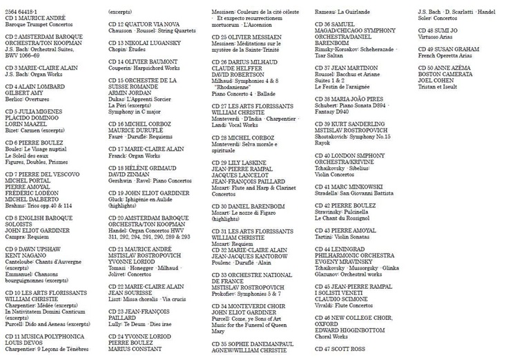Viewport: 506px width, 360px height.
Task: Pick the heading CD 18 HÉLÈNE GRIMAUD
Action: coord(144,167)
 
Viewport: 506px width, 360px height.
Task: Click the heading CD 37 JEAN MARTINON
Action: coord(348,68)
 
